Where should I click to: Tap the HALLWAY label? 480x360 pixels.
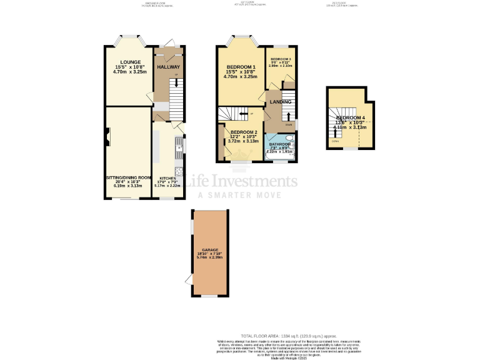[x=168, y=67]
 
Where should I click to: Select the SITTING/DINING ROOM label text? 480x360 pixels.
[x=129, y=177]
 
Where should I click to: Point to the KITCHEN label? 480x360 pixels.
[x=167, y=178]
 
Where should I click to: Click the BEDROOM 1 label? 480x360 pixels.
[x=241, y=67]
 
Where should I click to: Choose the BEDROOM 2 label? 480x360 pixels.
[x=243, y=132]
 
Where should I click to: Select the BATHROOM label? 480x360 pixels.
[x=280, y=144]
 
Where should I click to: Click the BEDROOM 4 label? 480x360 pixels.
[x=351, y=117]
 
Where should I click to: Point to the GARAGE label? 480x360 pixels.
[x=210, y=249]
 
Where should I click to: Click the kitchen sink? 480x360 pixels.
[x=179, y=147]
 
